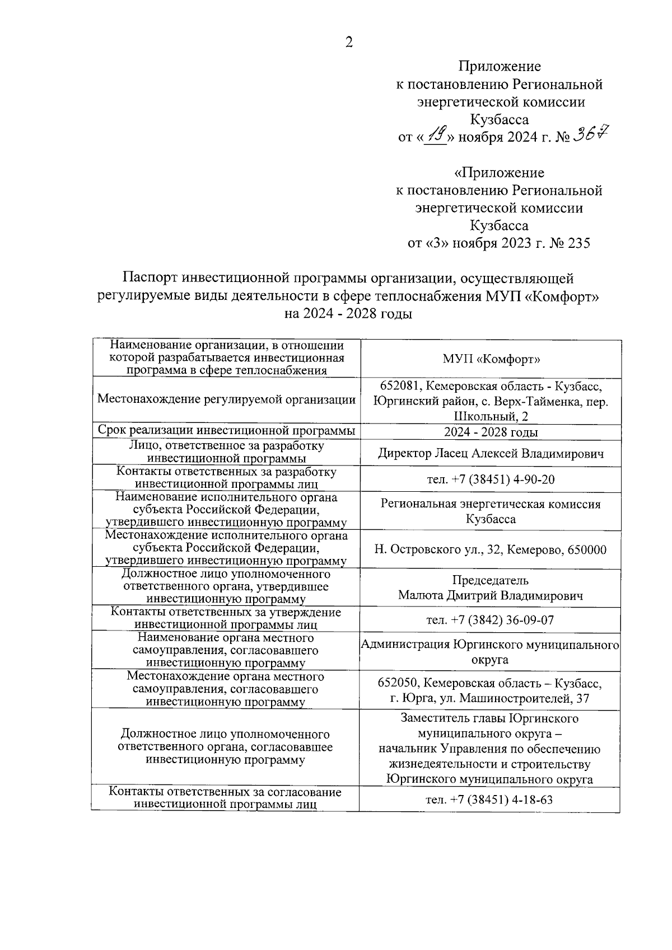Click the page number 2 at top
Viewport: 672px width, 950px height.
pyautogui.click(x=349, y=43)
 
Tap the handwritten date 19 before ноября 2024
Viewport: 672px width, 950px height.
pyautogui.click(x=435, y=135)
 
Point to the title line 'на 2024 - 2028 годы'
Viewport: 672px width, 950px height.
pyautogui.click(x=348, y=313)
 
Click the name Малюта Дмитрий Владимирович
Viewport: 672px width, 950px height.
pyautogui.click(x=491, y=595)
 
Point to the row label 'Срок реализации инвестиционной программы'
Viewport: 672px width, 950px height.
pyautogui.click(x=226, y=430)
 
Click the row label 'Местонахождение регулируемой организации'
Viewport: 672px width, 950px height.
pyautogui.click(x=226, y=399)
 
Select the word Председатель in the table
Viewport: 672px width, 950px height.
pyautogui.click(x=491, y=580)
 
